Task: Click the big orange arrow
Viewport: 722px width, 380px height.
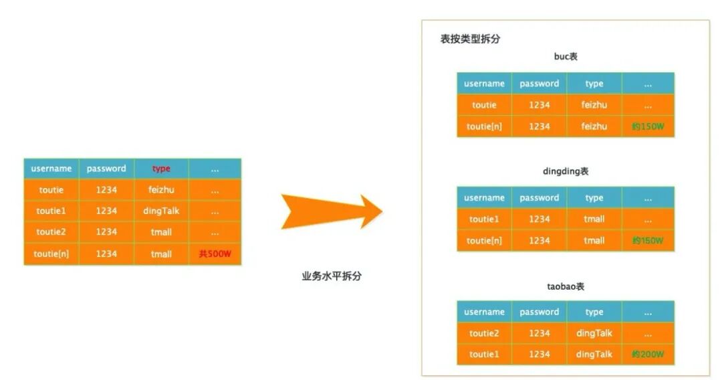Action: pyautogui.click(x=328, y=212)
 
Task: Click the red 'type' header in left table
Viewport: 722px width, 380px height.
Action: pyautogui.click(x=161, y=169)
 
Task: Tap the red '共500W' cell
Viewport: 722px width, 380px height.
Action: pyautogui.click(x=214, y=254)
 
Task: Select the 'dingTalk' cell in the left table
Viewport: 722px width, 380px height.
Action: pyautogui.click(x=161, y=211)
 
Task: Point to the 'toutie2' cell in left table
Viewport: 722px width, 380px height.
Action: pyautogui.click(x=51, y=232)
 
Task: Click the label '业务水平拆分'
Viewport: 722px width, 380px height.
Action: pyautogui.click(x=332, y=276)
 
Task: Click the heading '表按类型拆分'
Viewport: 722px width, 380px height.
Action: pyautogui.click(x=470, y=39)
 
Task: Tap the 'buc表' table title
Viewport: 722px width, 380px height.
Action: pyautogui.click(x=566, y=57)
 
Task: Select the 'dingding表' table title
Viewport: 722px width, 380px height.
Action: pyautogui.click(x=566, y=171)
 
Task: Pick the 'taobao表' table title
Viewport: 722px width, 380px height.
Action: pyautogui.click(x=566, y=286)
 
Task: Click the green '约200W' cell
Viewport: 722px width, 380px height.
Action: pyautogui.click(x=648, y=355)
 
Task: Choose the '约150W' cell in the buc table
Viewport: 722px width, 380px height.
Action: pyautogui.click(x=648, y=126)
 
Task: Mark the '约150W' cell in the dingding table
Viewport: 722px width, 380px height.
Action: pyautogui.click(x=648, y=240)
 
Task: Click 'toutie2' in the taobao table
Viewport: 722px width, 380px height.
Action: pyautogui.click(x=484, y=333)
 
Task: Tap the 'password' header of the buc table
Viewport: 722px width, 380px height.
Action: pyautogui.click(x=539, y=84)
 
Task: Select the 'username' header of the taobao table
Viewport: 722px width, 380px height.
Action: pyautogui.click(x=484, y=312)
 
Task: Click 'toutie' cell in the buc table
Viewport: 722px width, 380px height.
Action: pyautogui.click(x=484, y=105)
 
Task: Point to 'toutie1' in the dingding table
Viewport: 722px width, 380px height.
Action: pyautogui.click(x=484, y=219)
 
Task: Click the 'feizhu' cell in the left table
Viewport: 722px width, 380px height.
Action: pyautogui.click(x=161, y=190)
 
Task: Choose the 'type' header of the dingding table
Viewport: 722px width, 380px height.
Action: pyautogui.click(x=594, y=198)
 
